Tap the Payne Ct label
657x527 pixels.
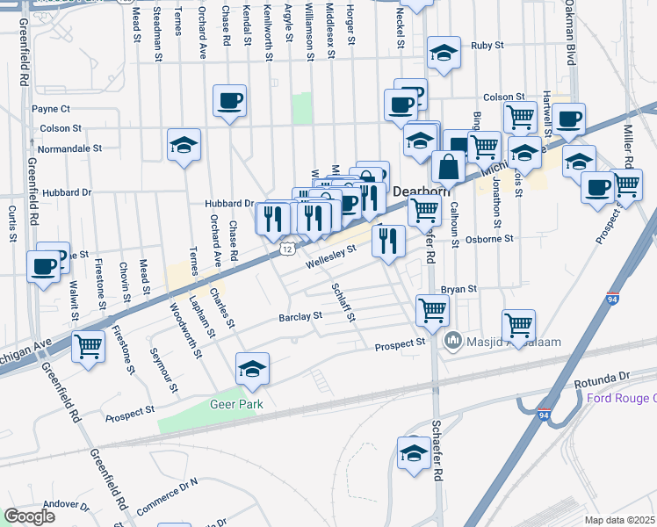click(x=51, y=109)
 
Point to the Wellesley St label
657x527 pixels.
click(x=330, y=255)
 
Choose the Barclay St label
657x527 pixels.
click(x=295, y=317)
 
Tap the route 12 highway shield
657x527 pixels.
click(x=287, y=249)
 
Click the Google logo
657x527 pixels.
click(x=29, y=516)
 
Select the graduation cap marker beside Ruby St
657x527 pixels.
click(x=444, y=54)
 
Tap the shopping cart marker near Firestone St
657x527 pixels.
click(x=88, y=345)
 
